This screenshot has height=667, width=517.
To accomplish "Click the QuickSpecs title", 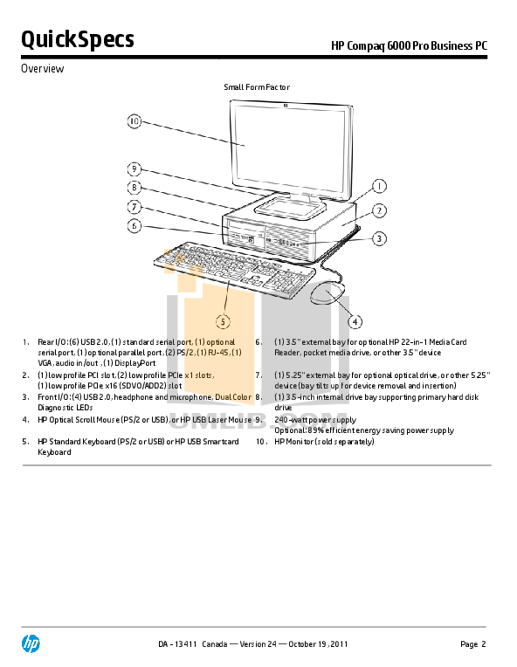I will (77, 40).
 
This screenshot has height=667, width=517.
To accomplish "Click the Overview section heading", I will (42, 69).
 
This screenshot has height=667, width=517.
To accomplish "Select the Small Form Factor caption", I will (257, 87).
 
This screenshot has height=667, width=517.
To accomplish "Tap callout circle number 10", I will (134, 121).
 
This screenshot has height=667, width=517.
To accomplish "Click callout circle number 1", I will (379, 186).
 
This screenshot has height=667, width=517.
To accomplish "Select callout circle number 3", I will (379, 237).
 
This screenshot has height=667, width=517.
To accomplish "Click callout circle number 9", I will (134, 168).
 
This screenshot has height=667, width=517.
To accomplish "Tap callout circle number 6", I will (134, 226).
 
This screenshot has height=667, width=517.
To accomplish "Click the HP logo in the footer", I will (31, 644).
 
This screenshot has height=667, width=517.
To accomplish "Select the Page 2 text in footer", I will (472, 645).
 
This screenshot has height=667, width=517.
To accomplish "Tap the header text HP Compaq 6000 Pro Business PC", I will (409, 45).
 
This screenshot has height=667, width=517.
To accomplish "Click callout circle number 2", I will (379, 210).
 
